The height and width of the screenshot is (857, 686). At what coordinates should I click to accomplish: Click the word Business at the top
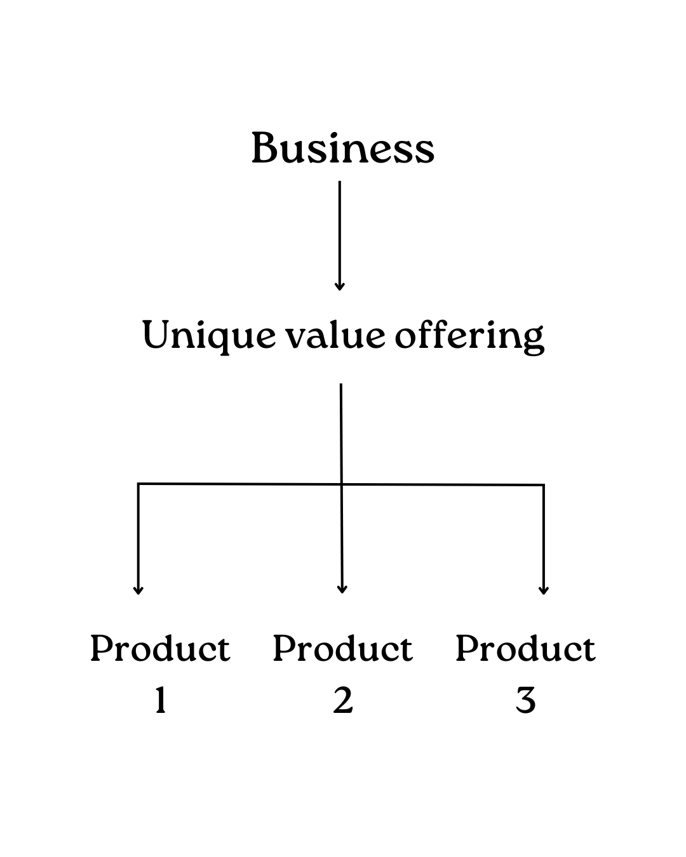click(x=343, y=148)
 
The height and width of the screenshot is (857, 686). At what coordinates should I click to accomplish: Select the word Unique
click(x=208, y=335)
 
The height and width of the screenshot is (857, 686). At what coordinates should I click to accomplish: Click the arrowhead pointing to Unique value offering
click(x=339, y=286)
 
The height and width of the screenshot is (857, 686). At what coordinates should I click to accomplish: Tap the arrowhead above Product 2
click(x=342, y=589)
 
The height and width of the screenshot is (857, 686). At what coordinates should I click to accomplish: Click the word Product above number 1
click(x=160, y=649)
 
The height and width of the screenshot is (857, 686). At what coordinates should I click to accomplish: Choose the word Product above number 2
click(x=343, y=649)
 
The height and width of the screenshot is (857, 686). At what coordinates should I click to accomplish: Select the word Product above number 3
click(x=525, y=649)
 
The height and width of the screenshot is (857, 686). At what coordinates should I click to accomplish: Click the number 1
click(x=161, y=701)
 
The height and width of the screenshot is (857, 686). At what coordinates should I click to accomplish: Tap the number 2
click(x=343, y=701)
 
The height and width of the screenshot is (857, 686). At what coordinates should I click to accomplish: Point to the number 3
click(x=525, y=701)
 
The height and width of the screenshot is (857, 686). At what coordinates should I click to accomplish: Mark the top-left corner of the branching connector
click(x=138, y=484)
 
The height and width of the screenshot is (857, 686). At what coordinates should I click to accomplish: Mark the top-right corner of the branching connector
click(x=543, y=486)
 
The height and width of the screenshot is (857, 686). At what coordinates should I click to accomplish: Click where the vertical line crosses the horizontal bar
click(x=341, y=485)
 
